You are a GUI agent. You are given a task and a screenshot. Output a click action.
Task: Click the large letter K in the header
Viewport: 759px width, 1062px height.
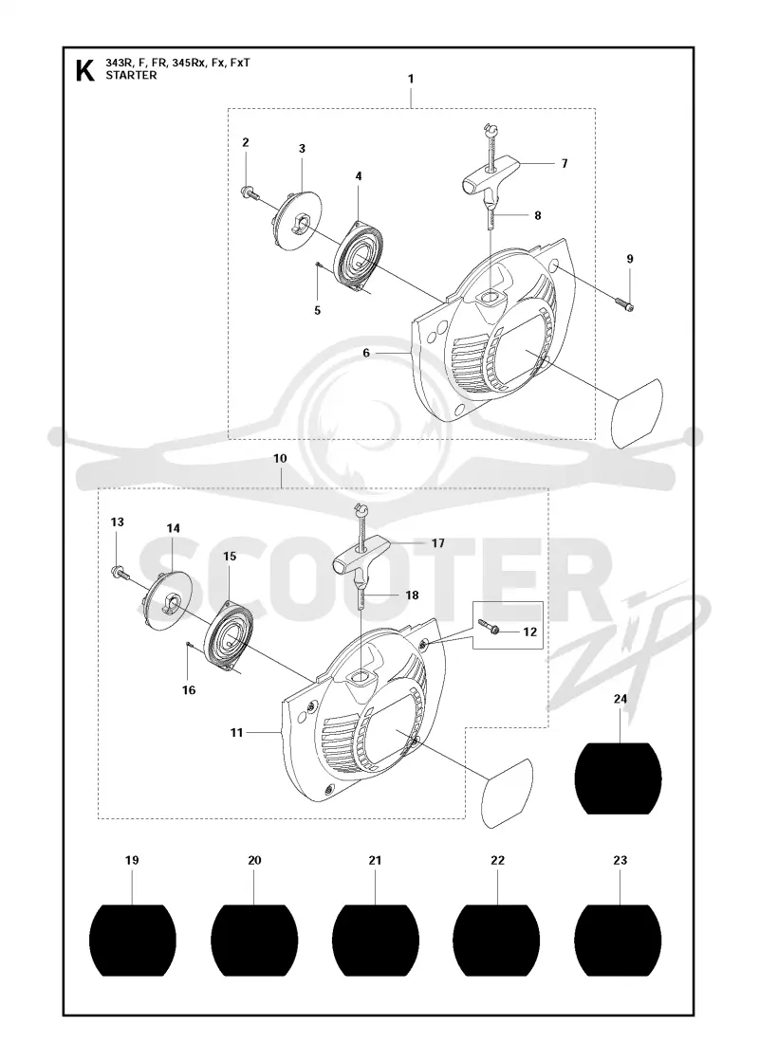point(84,70)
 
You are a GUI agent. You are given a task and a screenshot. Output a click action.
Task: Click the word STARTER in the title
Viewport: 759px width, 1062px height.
point(131,75)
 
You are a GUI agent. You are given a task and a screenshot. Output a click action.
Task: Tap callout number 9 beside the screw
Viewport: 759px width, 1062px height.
point(630,259)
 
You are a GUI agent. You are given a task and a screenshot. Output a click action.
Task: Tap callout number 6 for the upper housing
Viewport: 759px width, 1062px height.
point(366,353)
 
